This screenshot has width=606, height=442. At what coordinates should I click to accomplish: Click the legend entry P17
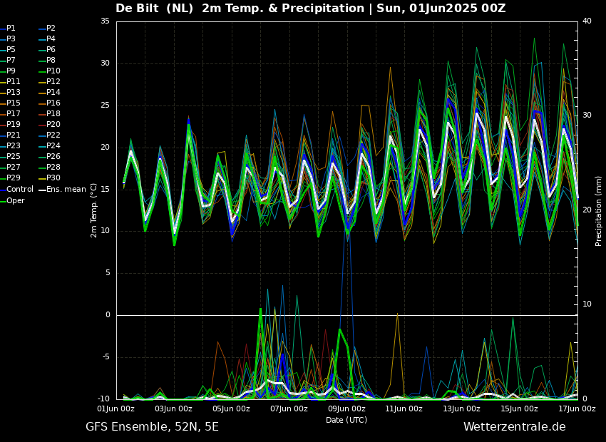pyautogui.click(x=14, y=114)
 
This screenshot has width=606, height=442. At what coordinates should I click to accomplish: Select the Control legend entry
pyautogui.click(x=19, y=189)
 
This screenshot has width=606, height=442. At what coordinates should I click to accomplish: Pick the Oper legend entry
pyautogui.click(x=15, y=200)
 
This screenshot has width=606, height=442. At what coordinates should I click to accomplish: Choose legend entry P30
pyautogui.click(x=53, y=178)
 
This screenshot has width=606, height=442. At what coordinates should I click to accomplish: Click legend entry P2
pyautogui.click(x=51, y=29)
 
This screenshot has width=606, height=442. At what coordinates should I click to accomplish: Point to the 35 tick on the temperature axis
pyautogui.click(x=105, y=21)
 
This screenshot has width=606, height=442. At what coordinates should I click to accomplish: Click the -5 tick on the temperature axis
pyautogui.click(x=106, y=357)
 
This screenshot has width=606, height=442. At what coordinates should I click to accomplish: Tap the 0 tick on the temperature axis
pyautogui.click(x=108, y=315)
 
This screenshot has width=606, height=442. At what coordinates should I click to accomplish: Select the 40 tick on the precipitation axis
pyautogui.click(x=587, y=21)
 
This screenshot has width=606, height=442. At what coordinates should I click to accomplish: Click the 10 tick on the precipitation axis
pyautogui.click(x=587, y=304)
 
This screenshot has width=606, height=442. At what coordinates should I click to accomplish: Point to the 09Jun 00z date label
pyautogui.click(x=346, y=409)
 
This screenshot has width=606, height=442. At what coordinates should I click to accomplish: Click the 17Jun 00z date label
pyautogui.click(x=576, y=409)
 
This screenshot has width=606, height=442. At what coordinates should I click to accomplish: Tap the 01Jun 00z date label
pyautogui.click(x=116, y=409)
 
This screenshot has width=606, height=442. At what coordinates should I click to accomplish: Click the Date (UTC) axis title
pyautogui.click(x=346, y=420)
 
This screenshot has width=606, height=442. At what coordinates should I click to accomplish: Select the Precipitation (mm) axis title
pyautogui.click(x=599, y=210)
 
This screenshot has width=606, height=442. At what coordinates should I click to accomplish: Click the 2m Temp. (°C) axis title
pyautogui.click(x=94, y=210)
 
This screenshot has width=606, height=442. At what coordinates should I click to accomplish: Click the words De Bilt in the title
pyautogui.click(x=138, y=9)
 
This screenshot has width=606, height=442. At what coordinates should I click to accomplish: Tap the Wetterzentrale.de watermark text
pyautogui.click(x=514, y=427)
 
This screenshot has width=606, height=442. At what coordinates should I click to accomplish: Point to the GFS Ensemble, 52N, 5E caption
pyautogui.click(x=152, y=427)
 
